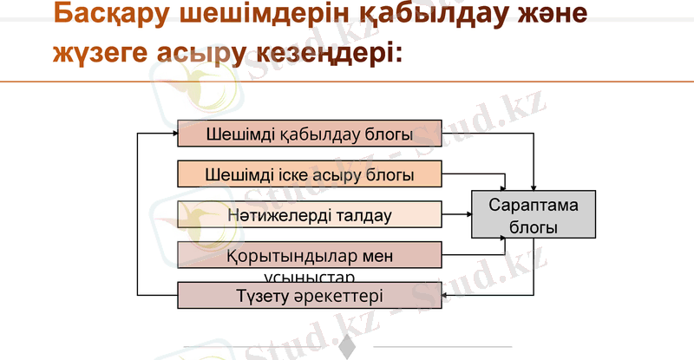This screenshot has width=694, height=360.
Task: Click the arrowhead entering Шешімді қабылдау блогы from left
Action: (x=173, y=134)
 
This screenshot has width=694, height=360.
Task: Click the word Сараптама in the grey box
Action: (x=534, y=206)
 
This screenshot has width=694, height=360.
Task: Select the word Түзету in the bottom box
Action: (x=260, y=296)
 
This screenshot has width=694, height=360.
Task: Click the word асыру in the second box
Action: (x=341, y=174)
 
